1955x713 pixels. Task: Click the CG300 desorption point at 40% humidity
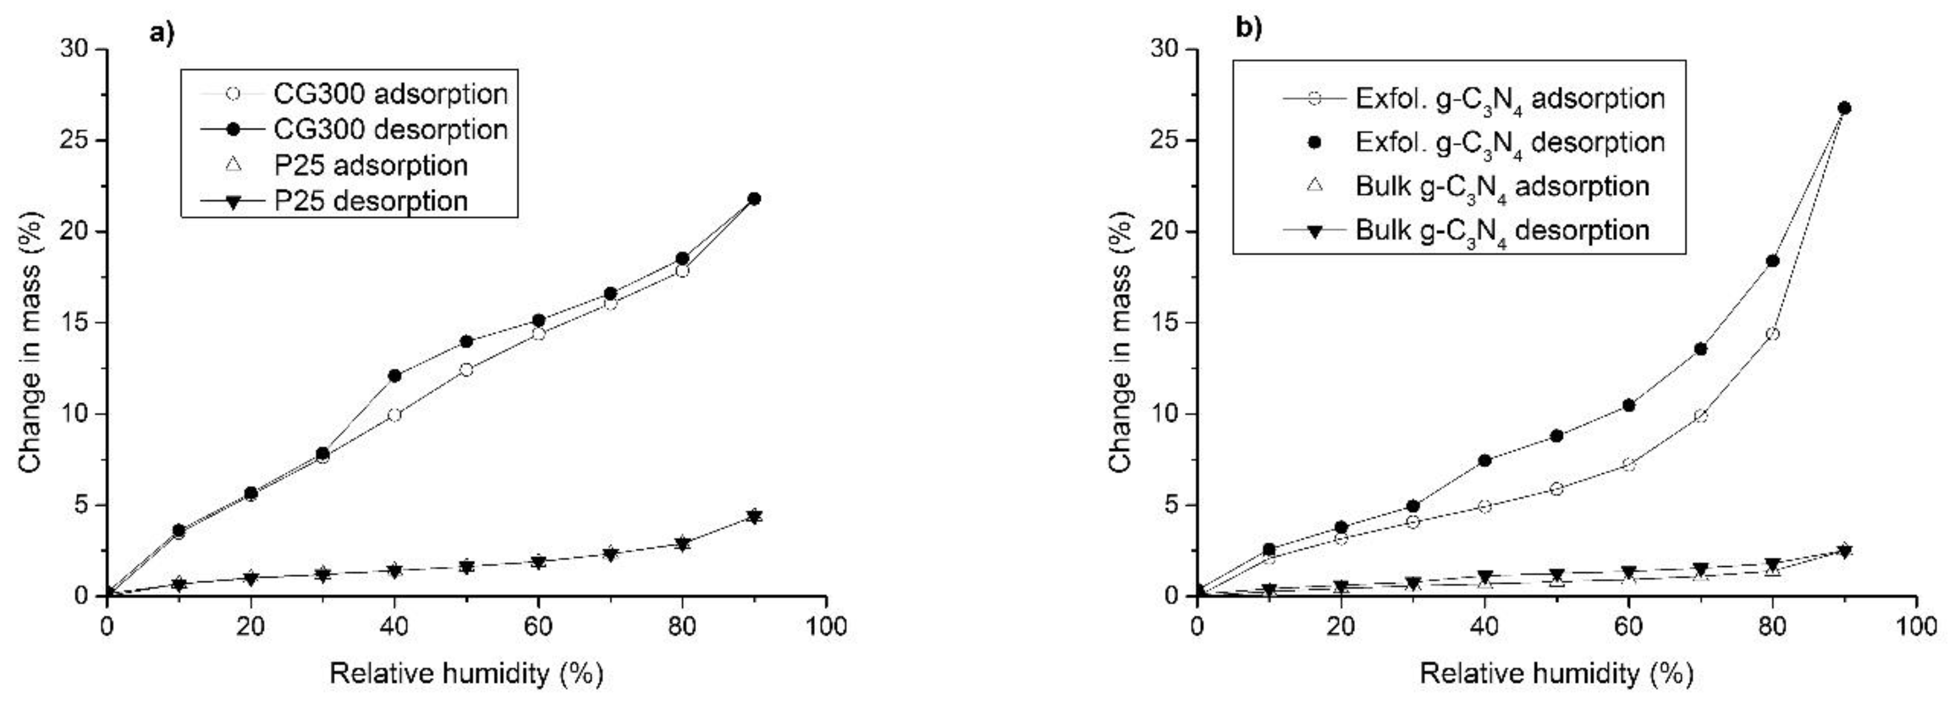click(x=395, y=375)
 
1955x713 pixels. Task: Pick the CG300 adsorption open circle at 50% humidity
click(x=467, y=370)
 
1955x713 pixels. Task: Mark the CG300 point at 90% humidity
click(x=754, y=199)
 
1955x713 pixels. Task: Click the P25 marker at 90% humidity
click(x=754, y=516)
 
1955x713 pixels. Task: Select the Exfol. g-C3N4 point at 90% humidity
click(x=1844, y=109)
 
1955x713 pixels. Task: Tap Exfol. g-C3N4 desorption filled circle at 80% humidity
click(x=1773, y=261)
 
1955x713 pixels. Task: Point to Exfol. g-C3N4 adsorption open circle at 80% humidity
click(x=1773, y=334)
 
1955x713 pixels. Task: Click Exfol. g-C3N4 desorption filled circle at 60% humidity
click(x=1629, y=406)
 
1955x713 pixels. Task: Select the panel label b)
click(x=1249, y=28)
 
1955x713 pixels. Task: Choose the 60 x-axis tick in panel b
click(x=1629, y=627)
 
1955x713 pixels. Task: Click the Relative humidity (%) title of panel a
click(x=466, y=674)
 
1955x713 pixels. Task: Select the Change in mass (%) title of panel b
click(x=1122, y=341)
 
